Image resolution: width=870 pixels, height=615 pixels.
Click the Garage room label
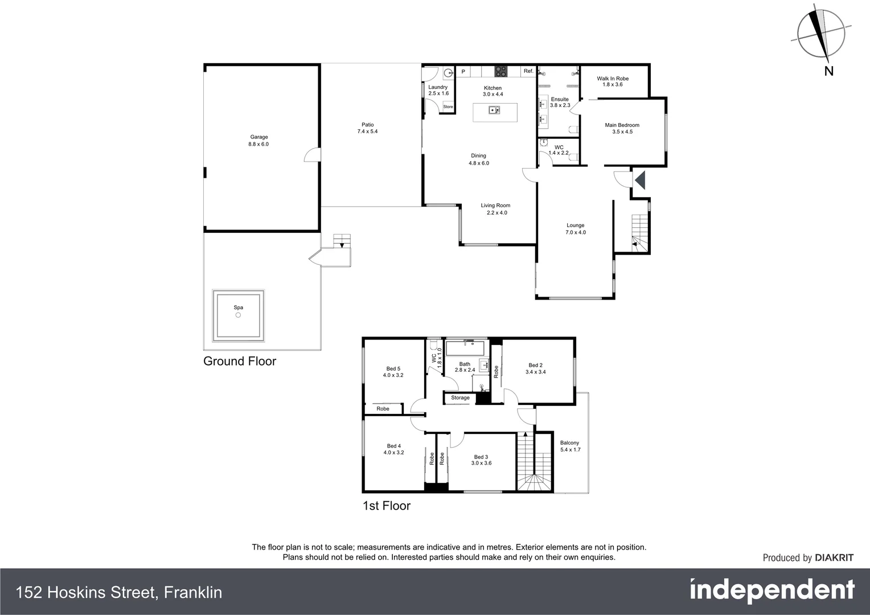tap(258, 141)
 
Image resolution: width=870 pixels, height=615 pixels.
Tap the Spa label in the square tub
tap(238, 307)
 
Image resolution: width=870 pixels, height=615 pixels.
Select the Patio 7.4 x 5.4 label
tap(367, 128)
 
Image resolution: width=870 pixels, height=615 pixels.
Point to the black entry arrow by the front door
tap(640, 180)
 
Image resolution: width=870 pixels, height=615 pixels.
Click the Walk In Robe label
tap(613, 81)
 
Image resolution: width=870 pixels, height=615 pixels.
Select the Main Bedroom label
tap(622, 128)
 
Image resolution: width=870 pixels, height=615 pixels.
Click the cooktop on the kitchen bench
tap(500, 71)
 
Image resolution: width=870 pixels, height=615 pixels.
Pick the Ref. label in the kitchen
tap(528, 71)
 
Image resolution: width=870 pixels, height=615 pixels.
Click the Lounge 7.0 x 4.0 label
tap(575, 229)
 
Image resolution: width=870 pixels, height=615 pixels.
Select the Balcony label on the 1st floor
tap(569, 446)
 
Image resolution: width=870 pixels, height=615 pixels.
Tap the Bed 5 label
tap(393, 372)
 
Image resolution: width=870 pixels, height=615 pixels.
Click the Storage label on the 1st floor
tap(460, 397)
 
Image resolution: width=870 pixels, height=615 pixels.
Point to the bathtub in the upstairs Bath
tap(465, 348)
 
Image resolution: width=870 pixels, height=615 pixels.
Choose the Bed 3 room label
tap(481, 460)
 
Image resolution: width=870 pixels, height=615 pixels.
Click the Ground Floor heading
tap(240, 361)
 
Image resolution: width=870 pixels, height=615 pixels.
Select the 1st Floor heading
tap(387, 506)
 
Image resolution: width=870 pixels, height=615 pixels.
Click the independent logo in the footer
tap(772, 591)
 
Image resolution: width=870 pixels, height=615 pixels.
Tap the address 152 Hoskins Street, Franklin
tap(119, 592)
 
